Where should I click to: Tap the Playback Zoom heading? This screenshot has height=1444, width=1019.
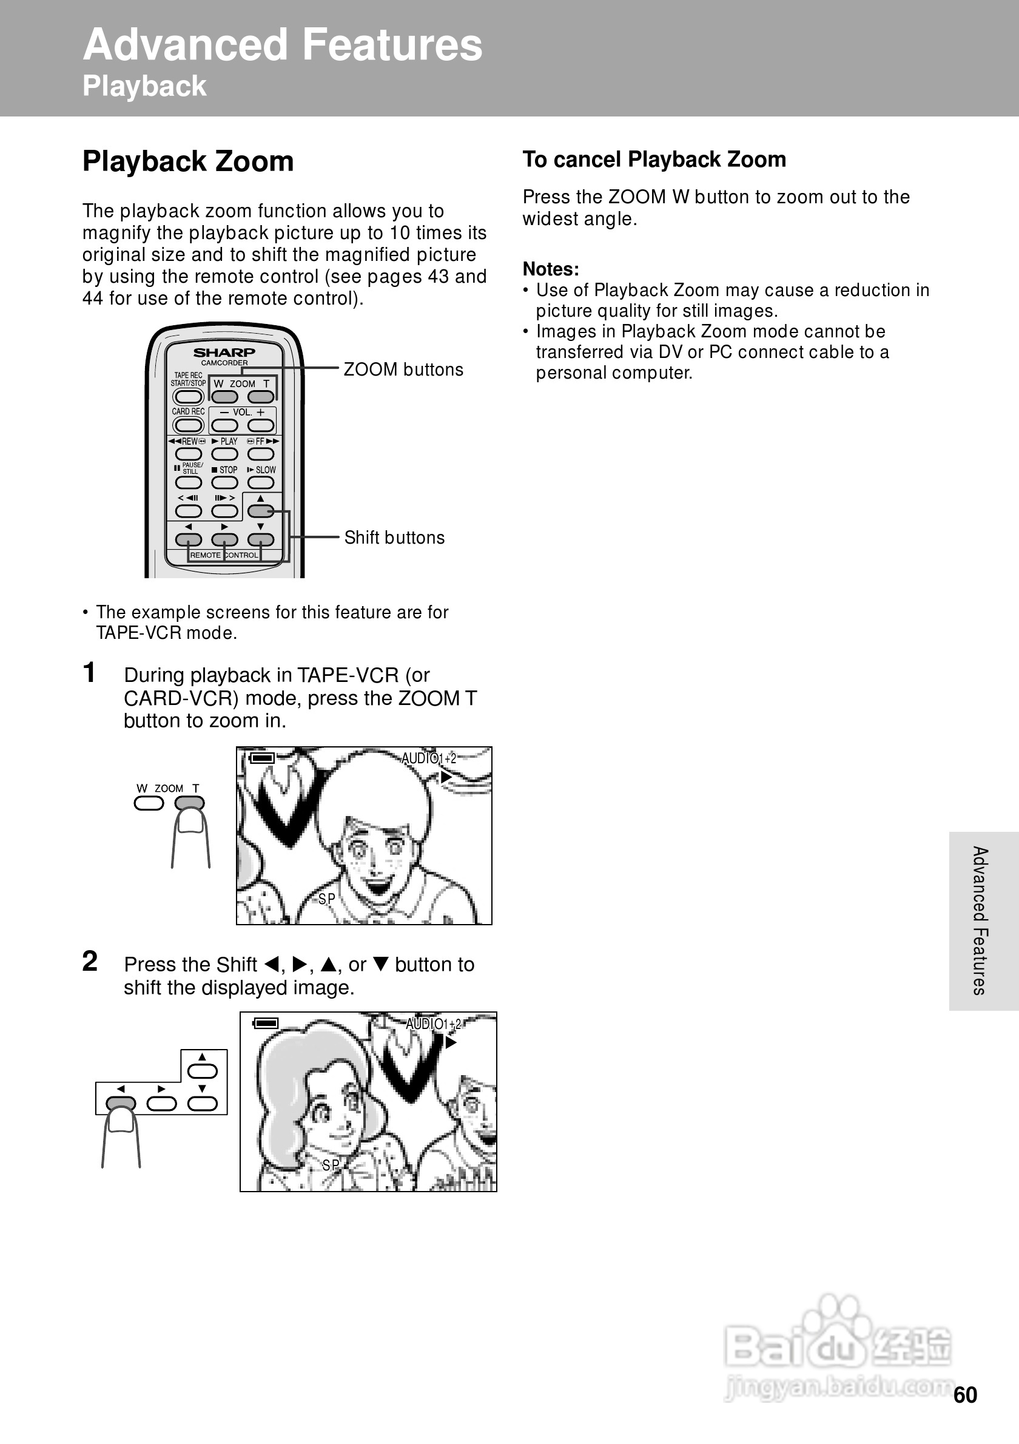point(188,161)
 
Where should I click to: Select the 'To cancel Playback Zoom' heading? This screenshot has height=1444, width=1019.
point(654,160)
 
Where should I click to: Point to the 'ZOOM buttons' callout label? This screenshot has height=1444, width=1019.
point(403,370)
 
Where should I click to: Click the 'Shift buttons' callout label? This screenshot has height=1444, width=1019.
point(394,538)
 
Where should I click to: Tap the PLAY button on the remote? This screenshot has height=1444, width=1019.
point(224,454)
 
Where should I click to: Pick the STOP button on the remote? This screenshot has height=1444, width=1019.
point(224,482)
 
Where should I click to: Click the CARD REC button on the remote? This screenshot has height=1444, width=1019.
point(188,425)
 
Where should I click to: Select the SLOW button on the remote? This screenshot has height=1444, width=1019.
point(261,482)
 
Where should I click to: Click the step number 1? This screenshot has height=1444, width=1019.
point(90,672)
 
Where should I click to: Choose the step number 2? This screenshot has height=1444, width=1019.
point(90,962)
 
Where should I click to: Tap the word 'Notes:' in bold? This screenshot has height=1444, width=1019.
point(551,269)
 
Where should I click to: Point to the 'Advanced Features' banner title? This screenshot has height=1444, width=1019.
point(282,46)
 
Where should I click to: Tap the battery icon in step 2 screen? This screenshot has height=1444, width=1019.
point(266,1024)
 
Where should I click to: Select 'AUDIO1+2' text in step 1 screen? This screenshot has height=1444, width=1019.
point(429,758)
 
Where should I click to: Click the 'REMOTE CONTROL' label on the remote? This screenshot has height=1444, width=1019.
point(224,555)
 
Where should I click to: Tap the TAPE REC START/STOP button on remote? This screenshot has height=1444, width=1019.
point(188,397)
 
